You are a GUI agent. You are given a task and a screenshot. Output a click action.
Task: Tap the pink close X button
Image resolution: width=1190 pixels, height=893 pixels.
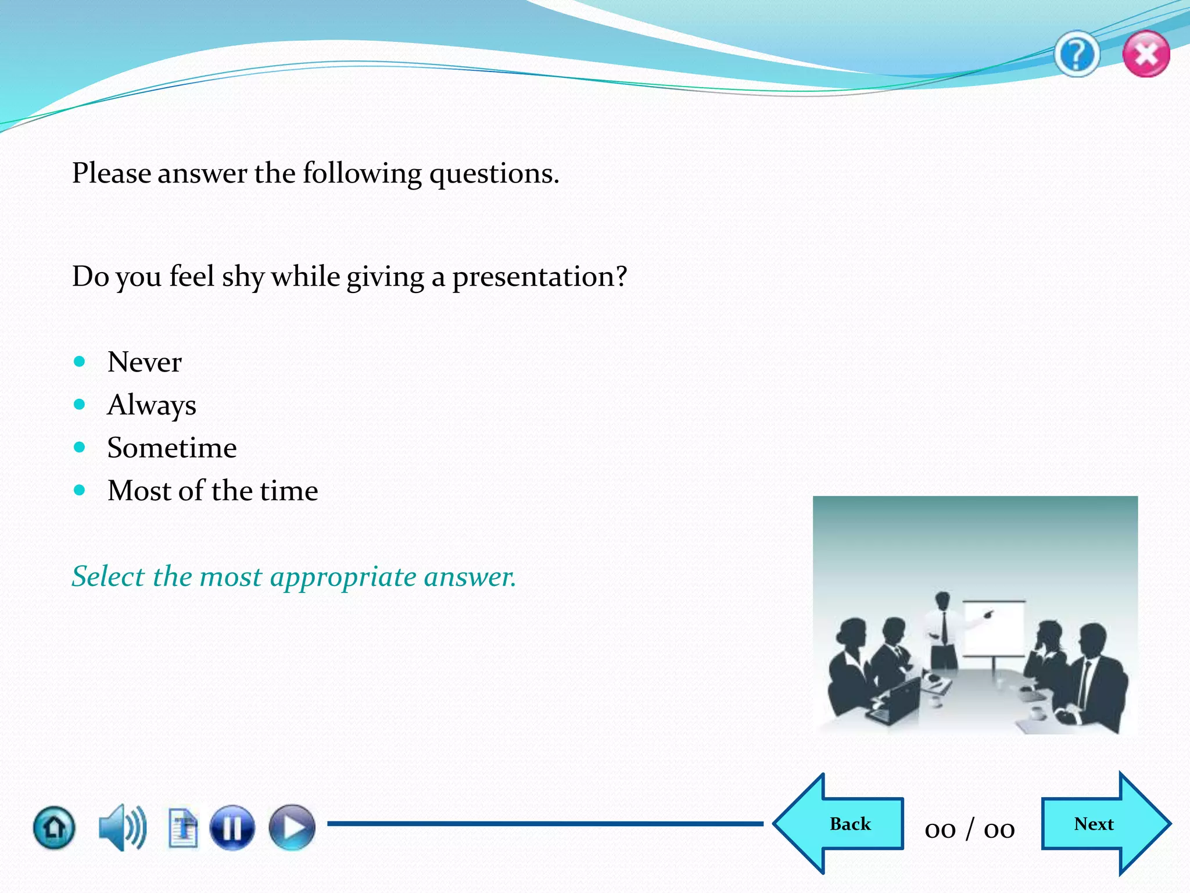point(1146,55)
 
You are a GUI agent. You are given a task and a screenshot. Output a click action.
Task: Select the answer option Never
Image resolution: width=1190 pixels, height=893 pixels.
point(144,362)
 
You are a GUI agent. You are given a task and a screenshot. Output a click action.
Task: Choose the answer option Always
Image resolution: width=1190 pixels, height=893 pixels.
point(152,405)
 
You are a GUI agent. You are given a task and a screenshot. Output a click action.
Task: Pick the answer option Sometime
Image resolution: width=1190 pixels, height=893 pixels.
point(172,448)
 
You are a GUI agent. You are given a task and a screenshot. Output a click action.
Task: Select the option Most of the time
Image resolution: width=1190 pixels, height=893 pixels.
point(213,491)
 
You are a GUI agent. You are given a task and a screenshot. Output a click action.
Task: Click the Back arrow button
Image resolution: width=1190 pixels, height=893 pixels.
point(843,824)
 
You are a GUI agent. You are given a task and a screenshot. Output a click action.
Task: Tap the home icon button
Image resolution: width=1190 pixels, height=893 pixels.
point(54,827)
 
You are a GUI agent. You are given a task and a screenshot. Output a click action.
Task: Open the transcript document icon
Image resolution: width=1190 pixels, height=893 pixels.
point(183,827)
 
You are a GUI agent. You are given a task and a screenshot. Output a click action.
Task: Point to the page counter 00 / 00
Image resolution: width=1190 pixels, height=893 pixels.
point(970,829)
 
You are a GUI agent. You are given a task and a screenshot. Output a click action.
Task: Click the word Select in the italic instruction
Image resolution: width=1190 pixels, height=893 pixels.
point(107,577)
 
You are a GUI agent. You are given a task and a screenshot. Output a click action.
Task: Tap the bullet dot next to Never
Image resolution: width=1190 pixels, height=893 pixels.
point(80,362)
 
